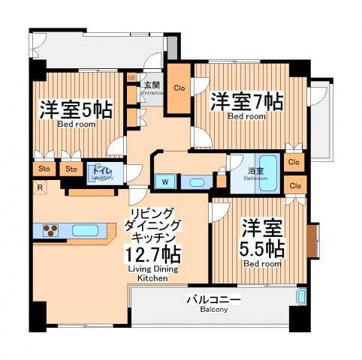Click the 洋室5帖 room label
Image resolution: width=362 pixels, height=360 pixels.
tap(75, 110)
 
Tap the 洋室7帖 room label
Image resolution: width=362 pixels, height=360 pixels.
tap(246, 101)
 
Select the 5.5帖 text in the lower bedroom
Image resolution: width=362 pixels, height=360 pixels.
tap(262, 247)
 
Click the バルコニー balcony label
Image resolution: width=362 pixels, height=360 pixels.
tap(213, 301)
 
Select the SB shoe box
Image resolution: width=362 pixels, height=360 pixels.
tap(131, 76)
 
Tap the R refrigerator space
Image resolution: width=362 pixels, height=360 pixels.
tap(38, 187)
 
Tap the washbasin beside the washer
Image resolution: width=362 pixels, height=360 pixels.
tap(195, 181)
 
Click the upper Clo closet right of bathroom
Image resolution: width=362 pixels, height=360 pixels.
tap(294, 162)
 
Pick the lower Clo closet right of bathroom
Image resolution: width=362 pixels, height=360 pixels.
tap(294, 185)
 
